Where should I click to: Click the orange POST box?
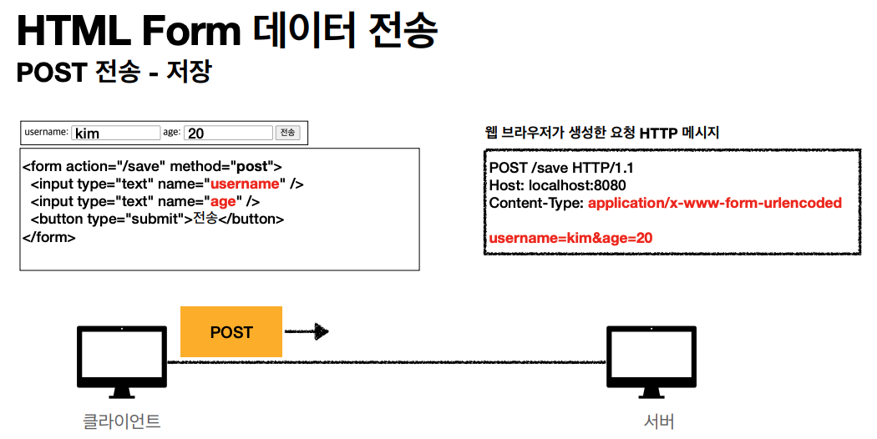click(x=231, y=332)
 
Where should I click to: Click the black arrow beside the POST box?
click(x=307, y=332)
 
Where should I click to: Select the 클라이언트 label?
click(x=122, y=421)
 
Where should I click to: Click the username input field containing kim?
click(x=115, y=133)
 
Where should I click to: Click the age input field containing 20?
click(x=228, y=133)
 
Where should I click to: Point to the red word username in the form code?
click(x=244, y=184)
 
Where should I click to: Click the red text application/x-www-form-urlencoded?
click(x=714, y=203)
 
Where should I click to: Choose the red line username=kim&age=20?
click(x=570, y=238)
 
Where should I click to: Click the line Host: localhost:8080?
click(x=557, y=185)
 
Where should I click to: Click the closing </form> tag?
click(x=49, y=237)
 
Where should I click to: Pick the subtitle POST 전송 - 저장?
click(x=114, y=72)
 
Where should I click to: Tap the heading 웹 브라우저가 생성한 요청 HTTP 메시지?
click(x=601, y=132)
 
